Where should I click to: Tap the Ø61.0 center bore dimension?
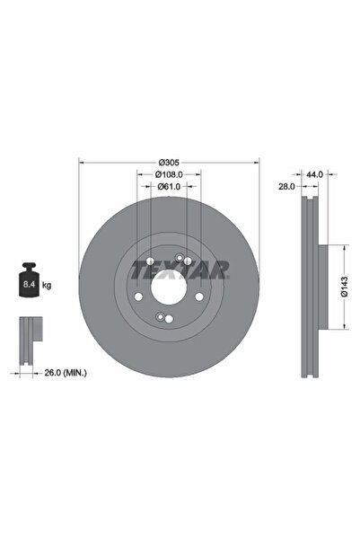[169, 187]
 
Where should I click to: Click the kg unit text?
[46, 285]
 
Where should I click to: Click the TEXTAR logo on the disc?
[180, 269]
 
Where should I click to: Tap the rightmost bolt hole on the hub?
[198, 297]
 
